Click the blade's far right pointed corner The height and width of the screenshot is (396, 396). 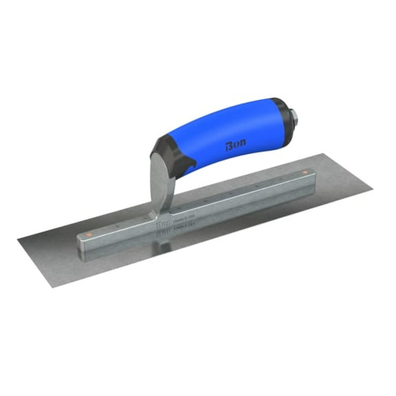[x=371, y=185]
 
